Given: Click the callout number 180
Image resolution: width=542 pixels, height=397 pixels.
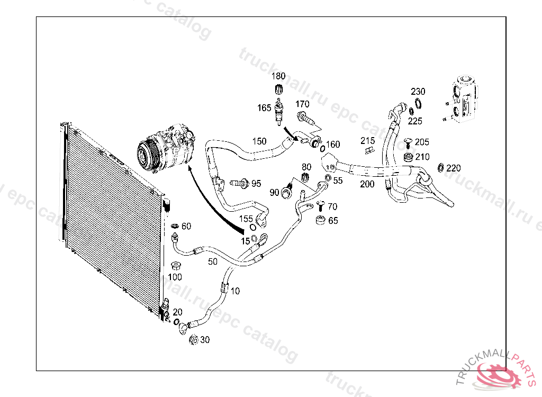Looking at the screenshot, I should coord(278,76).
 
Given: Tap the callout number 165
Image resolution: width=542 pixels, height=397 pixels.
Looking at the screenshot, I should coord(264,108).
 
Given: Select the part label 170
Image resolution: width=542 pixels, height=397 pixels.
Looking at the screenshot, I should coord(302,104).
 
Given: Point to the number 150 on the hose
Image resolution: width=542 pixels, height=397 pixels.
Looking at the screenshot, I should coord(259,141).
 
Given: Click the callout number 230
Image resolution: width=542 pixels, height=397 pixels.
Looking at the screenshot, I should coord(418,92).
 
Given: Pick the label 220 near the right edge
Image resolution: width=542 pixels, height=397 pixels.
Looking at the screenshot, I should coord(454,168).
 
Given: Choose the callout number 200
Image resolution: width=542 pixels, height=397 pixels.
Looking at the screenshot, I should coord(367,184).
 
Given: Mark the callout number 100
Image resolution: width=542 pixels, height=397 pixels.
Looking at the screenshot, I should coord(175,277).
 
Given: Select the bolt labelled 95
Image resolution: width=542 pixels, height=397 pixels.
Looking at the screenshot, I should coord(241,184).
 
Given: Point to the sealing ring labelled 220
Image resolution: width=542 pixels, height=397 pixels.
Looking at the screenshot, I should coord(440,168).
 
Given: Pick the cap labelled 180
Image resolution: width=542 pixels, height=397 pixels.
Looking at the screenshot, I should coord(277,89).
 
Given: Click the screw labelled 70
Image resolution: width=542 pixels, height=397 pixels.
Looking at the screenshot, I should coord(319,205).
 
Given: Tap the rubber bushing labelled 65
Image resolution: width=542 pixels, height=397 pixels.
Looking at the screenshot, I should coord(320,219).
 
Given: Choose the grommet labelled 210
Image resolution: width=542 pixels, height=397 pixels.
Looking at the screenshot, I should coord(408,158).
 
